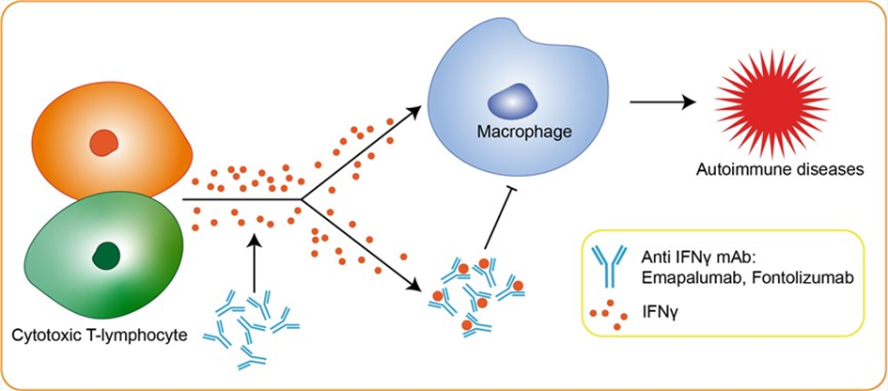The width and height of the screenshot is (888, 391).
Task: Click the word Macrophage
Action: pyautogui.click(x=511, y=133)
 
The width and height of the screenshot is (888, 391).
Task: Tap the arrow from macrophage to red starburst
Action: pyautogui.click(x=666, y=99)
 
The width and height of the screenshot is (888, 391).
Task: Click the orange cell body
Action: pyautogui.click(x=75, y=122)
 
